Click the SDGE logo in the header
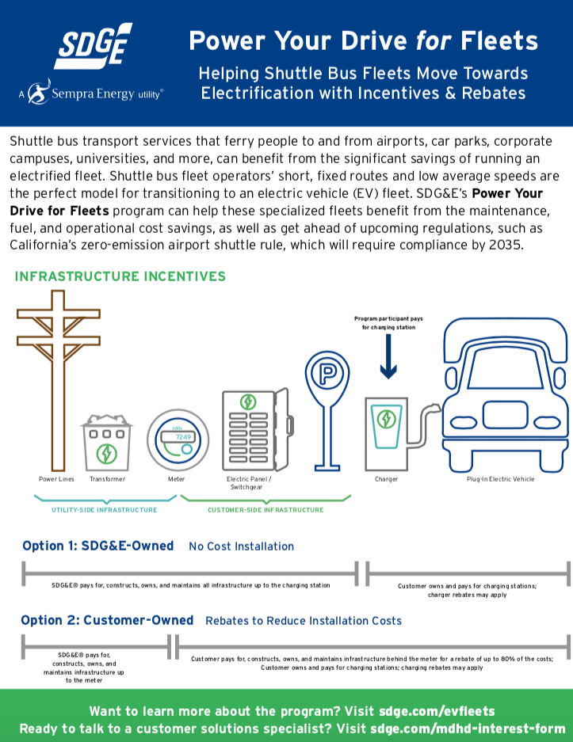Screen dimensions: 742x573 (93, 45)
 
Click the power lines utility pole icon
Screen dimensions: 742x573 (57, 380)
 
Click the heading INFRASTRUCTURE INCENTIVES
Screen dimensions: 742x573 (120, 276)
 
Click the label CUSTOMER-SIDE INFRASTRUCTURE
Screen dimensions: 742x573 (265, 510)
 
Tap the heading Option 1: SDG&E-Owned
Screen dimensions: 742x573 (97, 546)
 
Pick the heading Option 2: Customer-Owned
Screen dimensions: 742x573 (107, 620)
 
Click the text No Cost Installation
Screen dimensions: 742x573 (241, 546)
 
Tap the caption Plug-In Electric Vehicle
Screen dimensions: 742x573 (500, 479)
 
